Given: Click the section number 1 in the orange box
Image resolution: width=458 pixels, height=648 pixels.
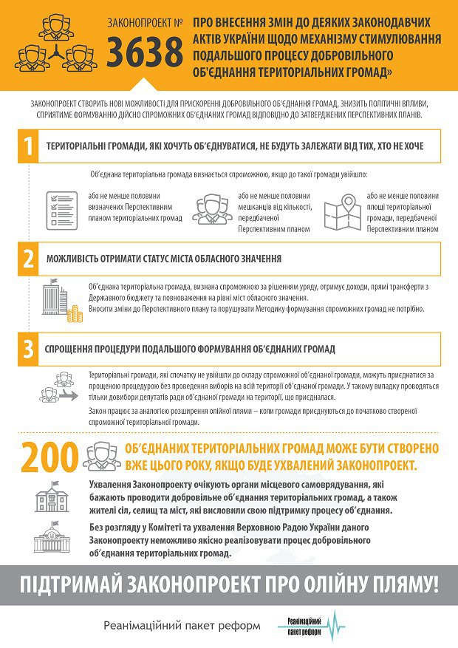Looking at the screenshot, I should [27, 146].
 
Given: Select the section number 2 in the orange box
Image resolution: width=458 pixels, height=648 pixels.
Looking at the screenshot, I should [27, 259].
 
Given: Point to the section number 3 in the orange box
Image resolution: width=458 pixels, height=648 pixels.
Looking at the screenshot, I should [27, 348].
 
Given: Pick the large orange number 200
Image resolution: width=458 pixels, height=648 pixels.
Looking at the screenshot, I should [48, 457].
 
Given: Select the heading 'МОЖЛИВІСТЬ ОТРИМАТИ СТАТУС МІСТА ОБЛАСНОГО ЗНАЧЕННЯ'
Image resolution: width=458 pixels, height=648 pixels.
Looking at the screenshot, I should [163, 260].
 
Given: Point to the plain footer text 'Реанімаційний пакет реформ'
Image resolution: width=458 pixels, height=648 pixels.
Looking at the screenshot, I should [182, 626].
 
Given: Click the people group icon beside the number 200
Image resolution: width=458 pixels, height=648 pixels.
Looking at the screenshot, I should [101, 456].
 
